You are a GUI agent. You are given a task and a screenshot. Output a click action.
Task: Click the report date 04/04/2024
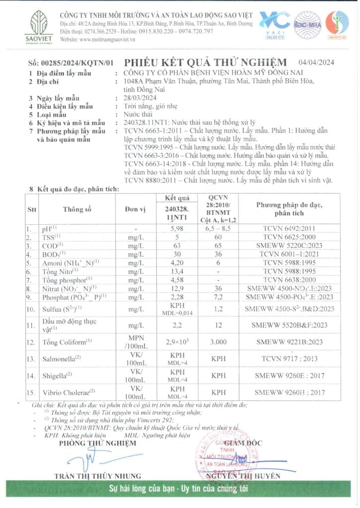click(316, 62)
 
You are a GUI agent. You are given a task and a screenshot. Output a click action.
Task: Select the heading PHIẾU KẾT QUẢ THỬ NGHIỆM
click(205, 63)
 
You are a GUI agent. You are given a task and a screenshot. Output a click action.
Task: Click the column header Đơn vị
click(135, 209)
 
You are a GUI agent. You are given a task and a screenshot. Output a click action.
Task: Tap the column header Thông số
click(77, 209)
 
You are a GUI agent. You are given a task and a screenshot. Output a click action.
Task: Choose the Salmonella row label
click(63, 358)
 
